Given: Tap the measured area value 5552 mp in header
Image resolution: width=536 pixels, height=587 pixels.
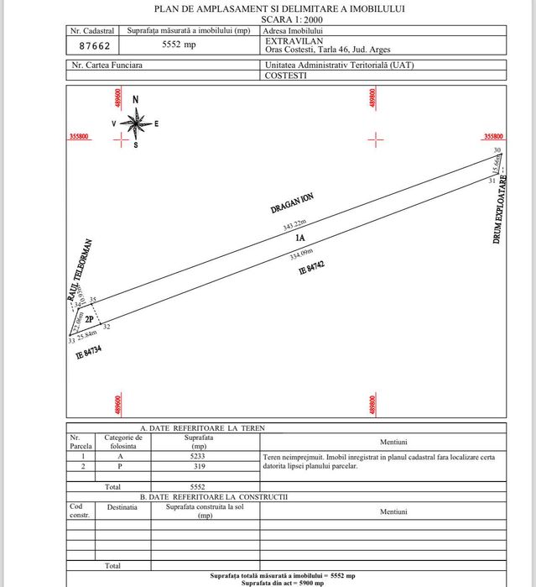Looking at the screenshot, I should pos(178,45).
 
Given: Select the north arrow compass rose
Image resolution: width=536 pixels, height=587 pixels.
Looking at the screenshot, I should pos(135,123).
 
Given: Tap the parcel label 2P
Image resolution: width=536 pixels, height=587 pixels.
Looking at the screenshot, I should pos(88,320).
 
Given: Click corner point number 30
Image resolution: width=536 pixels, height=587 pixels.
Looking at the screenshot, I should pos(497,150).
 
